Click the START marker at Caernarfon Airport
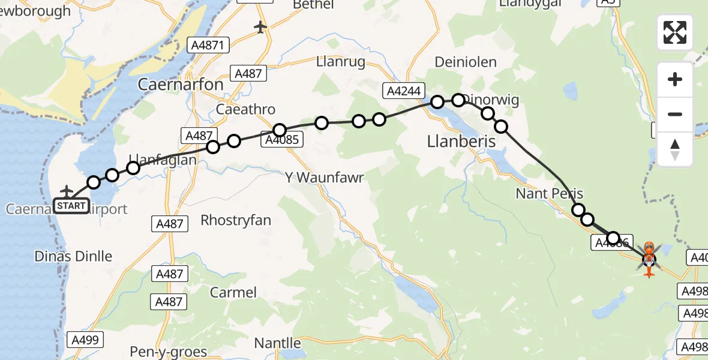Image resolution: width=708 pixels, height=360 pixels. tap(71, 206)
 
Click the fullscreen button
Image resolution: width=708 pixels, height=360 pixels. tap(675, 32)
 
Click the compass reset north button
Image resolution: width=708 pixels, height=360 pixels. tap(675, 149)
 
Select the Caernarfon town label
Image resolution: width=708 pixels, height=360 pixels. tap(181, 85)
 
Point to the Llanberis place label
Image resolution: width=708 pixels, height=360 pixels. tap(461, 141)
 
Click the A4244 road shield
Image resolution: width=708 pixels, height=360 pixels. tap(404, 91)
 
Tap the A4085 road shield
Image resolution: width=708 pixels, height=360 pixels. tap(281, 140)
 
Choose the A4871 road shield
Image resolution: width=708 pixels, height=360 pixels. tap(208, 45)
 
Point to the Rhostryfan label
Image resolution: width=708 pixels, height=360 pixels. tap(236, 220)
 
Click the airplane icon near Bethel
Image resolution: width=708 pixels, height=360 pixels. tap(260, 27)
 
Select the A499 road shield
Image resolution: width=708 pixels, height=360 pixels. tap(85, 339)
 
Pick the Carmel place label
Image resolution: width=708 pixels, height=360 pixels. tap(233, 292)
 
